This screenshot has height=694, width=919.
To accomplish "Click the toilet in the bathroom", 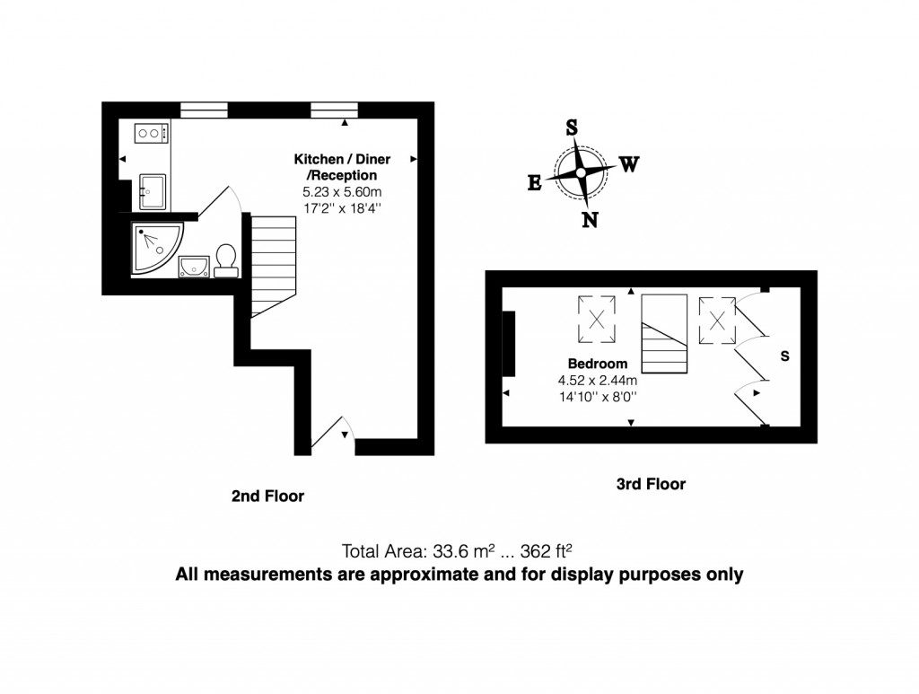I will click(x=225, y=258).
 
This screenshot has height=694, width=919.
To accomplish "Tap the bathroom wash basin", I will click(x=193, y=266).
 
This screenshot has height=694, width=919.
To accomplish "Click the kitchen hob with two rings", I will click(x=152, y=134).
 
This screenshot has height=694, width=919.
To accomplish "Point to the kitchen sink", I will click(x=152, y=190).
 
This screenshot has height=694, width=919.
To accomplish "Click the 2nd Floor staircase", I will click(x=273, y=265).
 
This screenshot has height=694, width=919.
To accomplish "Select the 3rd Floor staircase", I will click(x=664, y=335).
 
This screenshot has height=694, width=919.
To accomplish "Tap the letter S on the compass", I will click(x=571, y=127).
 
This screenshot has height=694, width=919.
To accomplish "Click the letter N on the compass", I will click(x=590, y=219).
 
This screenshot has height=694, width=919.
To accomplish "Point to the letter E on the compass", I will click(x=534, y=183).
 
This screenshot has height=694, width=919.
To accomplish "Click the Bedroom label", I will click(x=598, y=364).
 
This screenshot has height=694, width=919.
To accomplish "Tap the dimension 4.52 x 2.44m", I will click(x=597, y=380).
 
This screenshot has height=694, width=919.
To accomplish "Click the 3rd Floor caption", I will click(x=651, y=484).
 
